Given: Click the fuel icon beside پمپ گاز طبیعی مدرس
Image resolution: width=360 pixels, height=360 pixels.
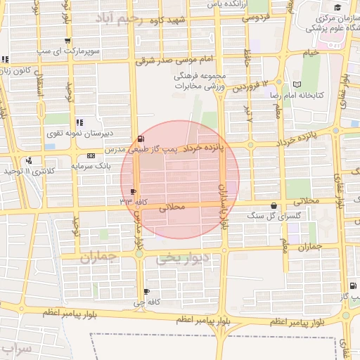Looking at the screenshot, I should coord(142,139).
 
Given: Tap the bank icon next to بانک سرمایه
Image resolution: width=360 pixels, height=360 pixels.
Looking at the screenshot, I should coord(91,155).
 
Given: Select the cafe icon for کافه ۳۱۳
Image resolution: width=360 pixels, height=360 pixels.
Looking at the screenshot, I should coord(134,191).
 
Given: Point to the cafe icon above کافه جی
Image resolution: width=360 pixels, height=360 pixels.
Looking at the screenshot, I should coord(146,292).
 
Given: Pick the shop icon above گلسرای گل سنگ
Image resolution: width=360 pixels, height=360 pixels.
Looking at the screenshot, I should coord(274,206).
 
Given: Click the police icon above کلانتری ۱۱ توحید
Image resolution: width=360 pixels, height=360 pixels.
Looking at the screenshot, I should coord(28,160).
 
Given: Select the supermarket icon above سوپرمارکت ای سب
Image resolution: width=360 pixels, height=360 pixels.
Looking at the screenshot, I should coord(67,41).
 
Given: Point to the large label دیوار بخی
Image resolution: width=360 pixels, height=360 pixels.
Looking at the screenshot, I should coord(182,259).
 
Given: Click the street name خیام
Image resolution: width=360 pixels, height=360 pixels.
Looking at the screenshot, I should coord(311,53).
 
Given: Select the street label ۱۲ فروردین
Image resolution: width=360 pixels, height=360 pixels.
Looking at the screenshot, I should coord(251,86).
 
